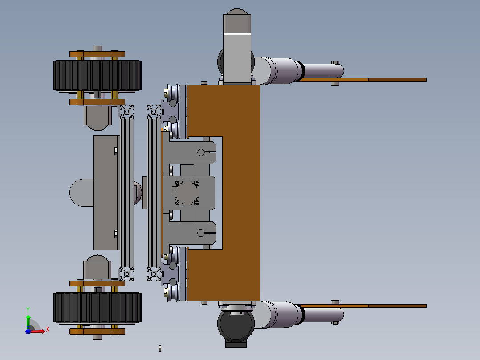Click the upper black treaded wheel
98,76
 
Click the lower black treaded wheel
98,308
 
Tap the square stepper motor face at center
187,193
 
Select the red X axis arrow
38,331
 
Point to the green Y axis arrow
28,320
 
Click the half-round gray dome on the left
81,193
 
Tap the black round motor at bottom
236,324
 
